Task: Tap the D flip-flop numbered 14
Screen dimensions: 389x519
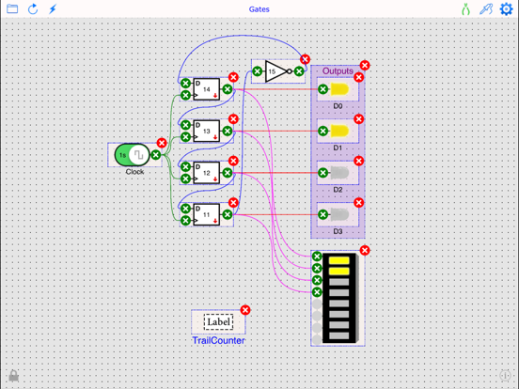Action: pyautogui.click(x=206, y=90)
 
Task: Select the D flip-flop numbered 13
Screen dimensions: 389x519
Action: pyautogui.click(x=206, y=132)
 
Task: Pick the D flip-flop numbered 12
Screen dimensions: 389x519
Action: pyautogui.click(x=206, y=173)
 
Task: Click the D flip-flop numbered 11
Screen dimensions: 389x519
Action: pyautogui.click(x=206, y=214)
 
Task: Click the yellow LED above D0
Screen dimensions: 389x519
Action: pyautogui.click(x=339, y=90)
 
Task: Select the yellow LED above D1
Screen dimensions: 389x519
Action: pyautogui.click(x=339, y=132)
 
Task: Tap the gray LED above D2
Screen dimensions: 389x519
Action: pyautogui.click(x=339, y=173)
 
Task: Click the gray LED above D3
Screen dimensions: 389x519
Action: pyautogui.click(x=339, y=214)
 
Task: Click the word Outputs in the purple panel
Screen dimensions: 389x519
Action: pyautogui.click(x=338, y=71)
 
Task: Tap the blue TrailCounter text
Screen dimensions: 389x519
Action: pyautogui.click(x=218, y=340)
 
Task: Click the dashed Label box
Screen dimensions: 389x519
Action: pyautogui.click(x=218, y=322)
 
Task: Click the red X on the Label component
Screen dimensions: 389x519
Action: pyautogui.click(x=245, y=310)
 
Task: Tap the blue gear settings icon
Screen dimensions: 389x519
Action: pyautogui.click(x=506, y=9)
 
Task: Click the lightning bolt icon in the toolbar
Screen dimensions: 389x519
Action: pyautogui.click(x=53, y=9)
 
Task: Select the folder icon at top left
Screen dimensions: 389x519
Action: pyautogui.click(x=12, y=9)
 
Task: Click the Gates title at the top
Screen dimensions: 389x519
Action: pyautogui.click(x=259, y=9)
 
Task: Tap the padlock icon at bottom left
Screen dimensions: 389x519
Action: pyautogui.click(x=13, y=376)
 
